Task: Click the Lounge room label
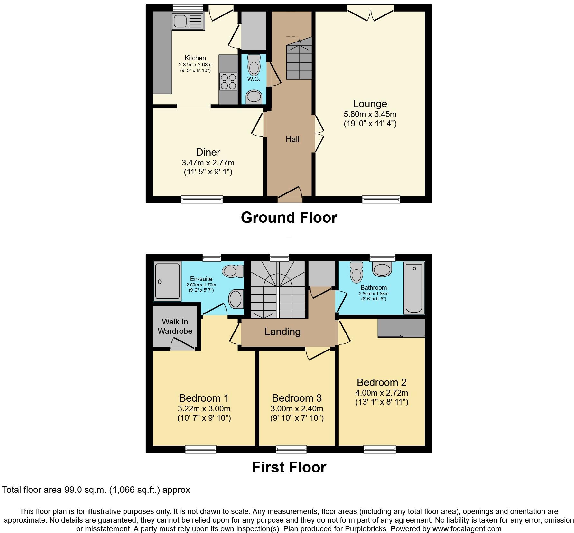(370, 104)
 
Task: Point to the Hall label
(292, 139)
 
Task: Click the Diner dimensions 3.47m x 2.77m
(208, 163)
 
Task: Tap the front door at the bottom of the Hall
(290, 195)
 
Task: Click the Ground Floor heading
(289, 218)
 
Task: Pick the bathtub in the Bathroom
(414, 288)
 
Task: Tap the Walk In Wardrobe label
(175, 326)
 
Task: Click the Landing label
(282, 332)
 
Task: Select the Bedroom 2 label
(382, 382)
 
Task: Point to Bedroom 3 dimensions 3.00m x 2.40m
(297, 408)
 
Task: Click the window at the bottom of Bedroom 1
(201, 449)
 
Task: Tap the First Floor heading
(289, 467)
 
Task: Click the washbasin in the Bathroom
(382, 269)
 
